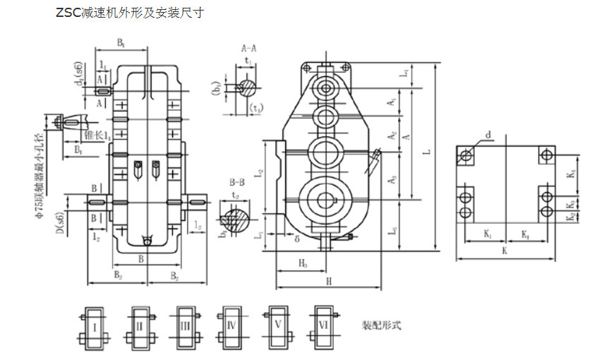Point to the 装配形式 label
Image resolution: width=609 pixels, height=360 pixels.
382,326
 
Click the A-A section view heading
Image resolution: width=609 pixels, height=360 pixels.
248,49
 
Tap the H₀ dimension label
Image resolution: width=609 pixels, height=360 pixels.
302,263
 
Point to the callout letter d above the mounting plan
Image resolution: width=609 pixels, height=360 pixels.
488,134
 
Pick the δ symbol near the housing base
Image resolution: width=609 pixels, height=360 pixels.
298,239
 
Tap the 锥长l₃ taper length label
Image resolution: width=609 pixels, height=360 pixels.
96,133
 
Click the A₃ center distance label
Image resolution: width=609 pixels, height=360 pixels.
392,181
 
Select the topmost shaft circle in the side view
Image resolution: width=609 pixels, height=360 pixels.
325,88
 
